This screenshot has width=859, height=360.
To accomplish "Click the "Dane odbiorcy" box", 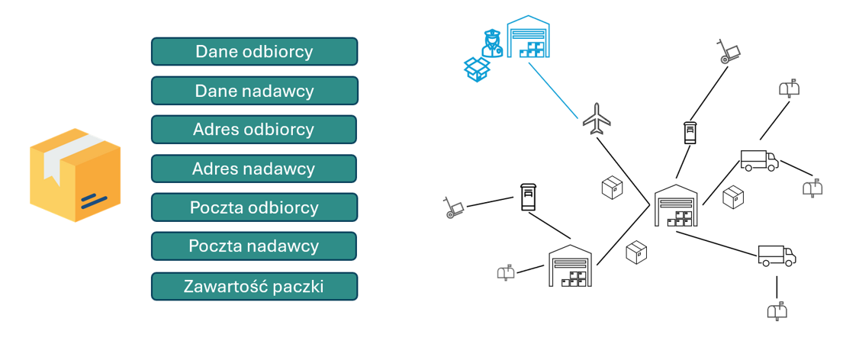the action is (254, 52).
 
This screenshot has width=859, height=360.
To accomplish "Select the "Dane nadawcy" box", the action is (254, 91).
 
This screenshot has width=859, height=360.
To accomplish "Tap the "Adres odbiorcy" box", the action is (254, 130).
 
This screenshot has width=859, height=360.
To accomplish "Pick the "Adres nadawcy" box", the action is (254, 169).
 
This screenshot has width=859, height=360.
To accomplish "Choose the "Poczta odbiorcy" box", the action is (254, 207).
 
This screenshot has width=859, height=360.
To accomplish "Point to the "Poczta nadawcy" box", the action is (254, 246).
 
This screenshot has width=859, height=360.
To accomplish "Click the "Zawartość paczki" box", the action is (254, 286).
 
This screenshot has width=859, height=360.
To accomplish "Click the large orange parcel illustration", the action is (75, 175).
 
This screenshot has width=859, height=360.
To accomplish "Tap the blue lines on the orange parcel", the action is (92, 201).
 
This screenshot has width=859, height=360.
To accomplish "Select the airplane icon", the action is (597, 118).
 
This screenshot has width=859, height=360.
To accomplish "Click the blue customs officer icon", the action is (491, 43).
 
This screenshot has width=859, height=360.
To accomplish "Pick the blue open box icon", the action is (477, 69).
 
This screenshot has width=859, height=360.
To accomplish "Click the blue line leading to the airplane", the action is (553, 91).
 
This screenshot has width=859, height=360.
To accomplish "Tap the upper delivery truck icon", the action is (759, 160).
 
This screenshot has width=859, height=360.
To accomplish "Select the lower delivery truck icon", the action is (777, 256).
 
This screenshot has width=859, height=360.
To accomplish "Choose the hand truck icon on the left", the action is (454, 207).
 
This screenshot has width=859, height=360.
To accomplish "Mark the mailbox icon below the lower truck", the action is (777, 310).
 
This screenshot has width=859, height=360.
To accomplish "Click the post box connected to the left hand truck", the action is (528, 197).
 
